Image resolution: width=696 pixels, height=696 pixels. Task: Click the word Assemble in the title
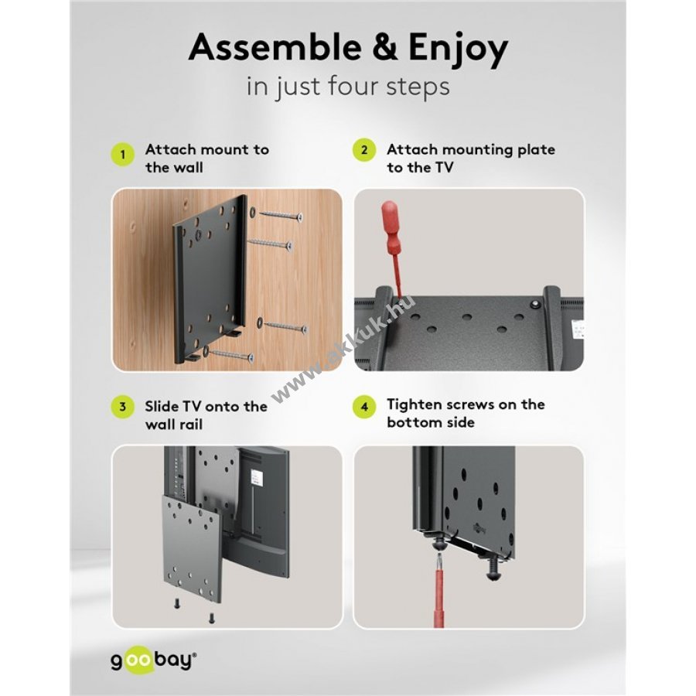point(275,47)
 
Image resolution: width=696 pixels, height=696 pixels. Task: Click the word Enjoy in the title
point(458,49)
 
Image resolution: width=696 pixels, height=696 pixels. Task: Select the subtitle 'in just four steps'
point(348,87)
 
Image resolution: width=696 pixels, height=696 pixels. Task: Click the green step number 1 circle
point(122,155)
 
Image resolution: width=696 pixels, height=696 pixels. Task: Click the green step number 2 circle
point(364,150)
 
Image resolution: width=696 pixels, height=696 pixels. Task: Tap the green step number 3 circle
point(122,407)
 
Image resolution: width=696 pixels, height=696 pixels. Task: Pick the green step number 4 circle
point(364,406)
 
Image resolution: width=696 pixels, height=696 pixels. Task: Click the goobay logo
point(153,661)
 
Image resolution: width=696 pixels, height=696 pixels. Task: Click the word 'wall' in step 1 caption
point(186,168)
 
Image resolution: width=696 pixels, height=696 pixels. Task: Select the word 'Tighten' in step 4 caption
point(415,404)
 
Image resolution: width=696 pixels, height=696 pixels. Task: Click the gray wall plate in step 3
point(191,548)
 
